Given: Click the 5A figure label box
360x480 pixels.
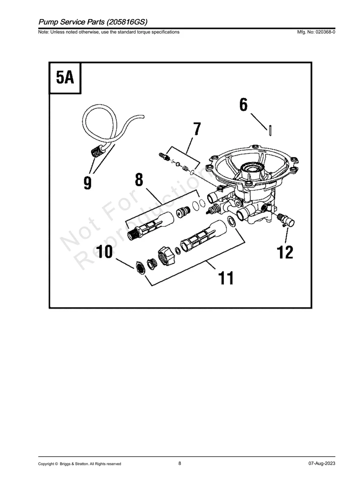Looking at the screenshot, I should pos(65,78).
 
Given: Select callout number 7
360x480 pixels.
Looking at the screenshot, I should pos(197,129).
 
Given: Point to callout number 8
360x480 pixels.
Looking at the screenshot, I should pos(139,179).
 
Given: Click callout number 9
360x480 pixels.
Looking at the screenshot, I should pos(87,182).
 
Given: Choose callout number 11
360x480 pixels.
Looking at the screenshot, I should pos(226,278).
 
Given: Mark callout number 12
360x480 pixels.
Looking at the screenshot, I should pos(285,252).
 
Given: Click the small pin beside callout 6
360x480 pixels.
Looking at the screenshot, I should pos(270,130).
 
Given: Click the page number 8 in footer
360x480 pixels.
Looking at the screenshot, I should pos(180,463).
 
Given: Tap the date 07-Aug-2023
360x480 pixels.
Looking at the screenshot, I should pos(321,464).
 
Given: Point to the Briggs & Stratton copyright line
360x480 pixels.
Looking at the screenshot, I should pos(79,464).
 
